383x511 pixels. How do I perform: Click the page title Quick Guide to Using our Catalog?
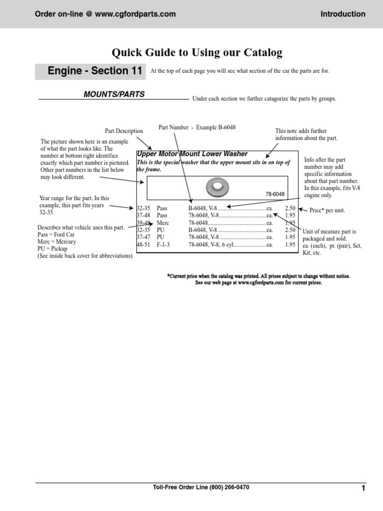(197, 52)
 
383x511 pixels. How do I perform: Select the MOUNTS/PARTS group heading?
(114, 94)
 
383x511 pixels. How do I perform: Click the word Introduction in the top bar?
(343, 14)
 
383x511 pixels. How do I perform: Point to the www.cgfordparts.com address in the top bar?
(135, 14)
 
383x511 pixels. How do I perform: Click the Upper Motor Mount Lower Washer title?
(192, 154)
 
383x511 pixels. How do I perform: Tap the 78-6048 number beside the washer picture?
(274, 194)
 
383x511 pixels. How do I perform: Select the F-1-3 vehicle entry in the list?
(165, 245)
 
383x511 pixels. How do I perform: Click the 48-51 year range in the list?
(144, 245)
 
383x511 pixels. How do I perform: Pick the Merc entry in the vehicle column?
(163, 223)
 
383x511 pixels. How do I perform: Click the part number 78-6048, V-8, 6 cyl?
(211, 245)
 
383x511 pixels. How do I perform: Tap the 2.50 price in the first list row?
(290, 208)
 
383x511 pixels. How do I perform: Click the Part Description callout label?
(124, 131)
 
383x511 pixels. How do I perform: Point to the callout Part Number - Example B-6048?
(197, 128)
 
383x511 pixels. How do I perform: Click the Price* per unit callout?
(327, 211)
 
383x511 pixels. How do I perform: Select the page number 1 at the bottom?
(364, 488)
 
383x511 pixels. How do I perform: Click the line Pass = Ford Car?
(56, 235)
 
